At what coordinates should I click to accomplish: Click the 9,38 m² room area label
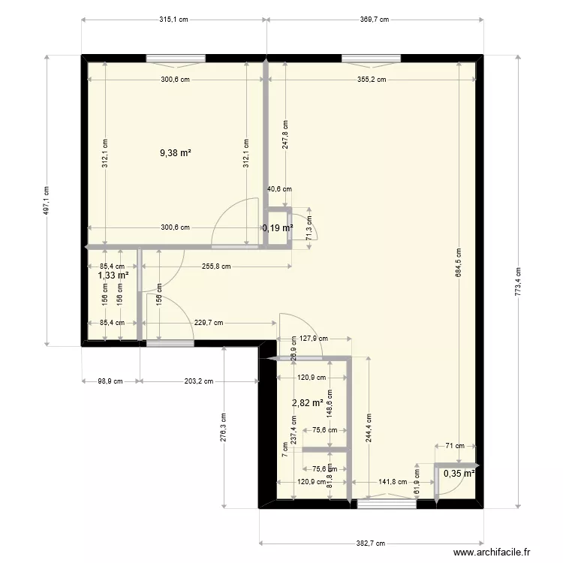(x=175, y=152)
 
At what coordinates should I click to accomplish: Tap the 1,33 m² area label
(x=113, y=275)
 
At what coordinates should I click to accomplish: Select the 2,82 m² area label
(x=308, y=403)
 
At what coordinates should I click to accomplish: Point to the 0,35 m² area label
(x=459, y=474)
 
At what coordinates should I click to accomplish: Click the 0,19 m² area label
(x=277, y=227)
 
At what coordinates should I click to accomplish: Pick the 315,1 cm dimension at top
(x=174, y=20)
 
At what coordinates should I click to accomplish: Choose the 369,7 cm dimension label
(x=373, y=20)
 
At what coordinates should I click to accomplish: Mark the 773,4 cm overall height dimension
(x=518, y=281)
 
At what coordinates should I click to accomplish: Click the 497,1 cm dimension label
(x=47, y=200)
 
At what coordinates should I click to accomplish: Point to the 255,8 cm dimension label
(x=215, y=266)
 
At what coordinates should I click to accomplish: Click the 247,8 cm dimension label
(x=285, y=136)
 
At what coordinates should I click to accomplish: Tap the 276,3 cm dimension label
(x=224, y=428)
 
